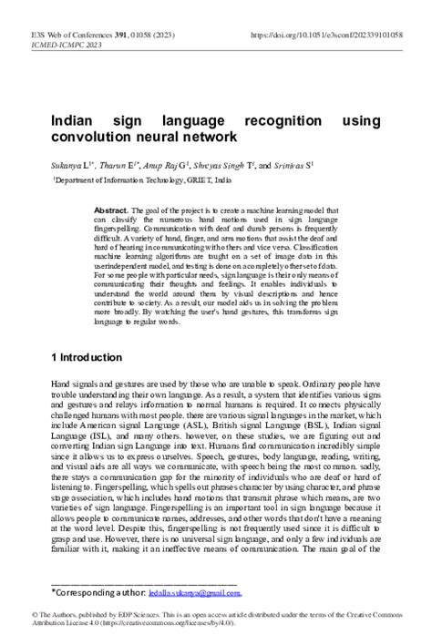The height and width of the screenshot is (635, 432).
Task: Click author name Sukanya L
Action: point(69,168)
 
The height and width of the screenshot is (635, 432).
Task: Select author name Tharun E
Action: point(116,168)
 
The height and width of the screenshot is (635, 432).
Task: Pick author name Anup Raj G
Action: point(165,168)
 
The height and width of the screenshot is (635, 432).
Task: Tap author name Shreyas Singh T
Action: point(222,168)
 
